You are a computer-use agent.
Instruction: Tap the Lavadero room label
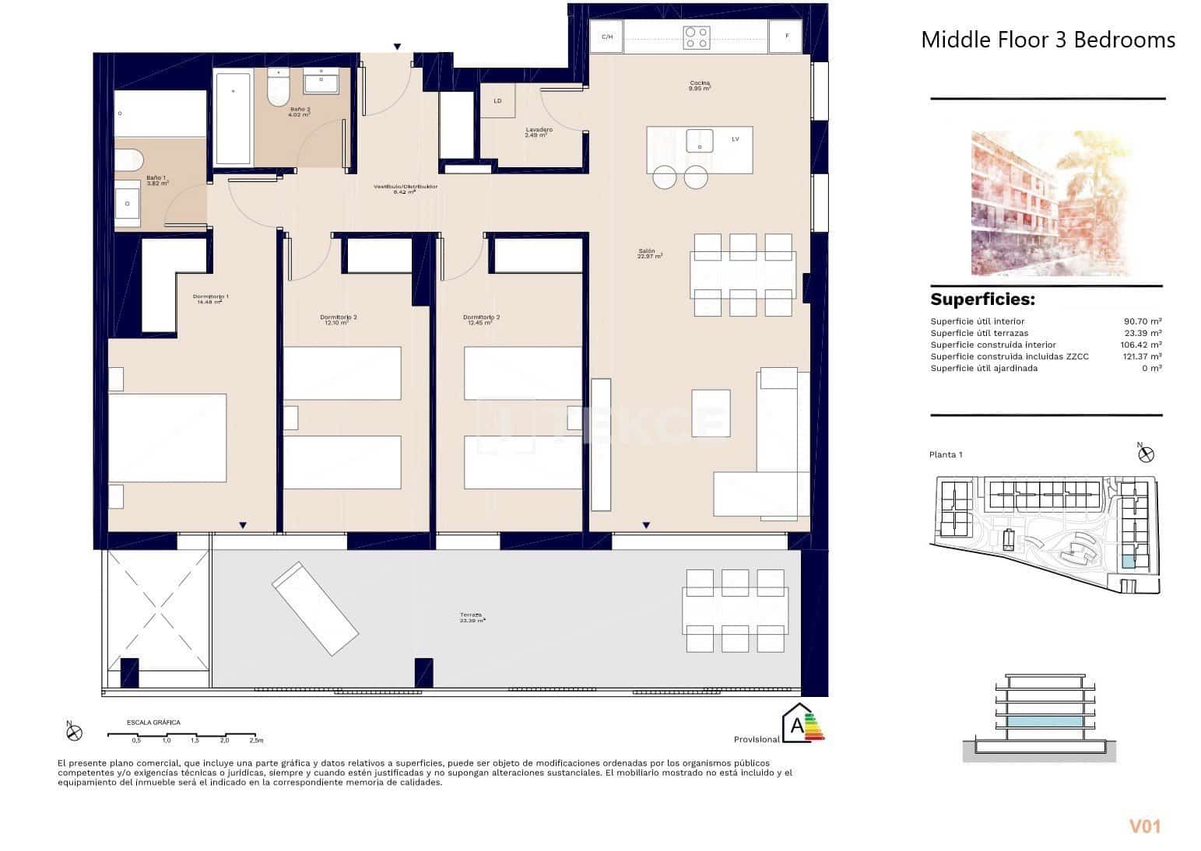[539, 131]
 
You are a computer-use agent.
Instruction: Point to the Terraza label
[472, 618]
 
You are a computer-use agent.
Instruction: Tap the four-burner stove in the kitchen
[696, 37]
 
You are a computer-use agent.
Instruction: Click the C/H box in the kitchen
[606, 37]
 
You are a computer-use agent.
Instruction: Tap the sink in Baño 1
[128, 206]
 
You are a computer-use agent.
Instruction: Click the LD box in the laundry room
[497, 101]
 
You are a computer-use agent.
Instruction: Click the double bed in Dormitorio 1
[167, 438]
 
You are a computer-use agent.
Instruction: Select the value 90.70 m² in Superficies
[1142, 321]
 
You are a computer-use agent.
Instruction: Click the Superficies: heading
[982, 300]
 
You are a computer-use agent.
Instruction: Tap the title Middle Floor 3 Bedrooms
[1048, 40]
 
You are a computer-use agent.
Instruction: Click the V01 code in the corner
[1144, 826]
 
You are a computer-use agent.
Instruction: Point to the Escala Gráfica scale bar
[181, 734]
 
